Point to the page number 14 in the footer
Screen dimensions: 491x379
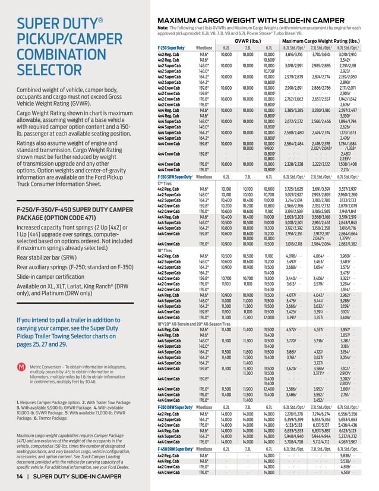(20, 477)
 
